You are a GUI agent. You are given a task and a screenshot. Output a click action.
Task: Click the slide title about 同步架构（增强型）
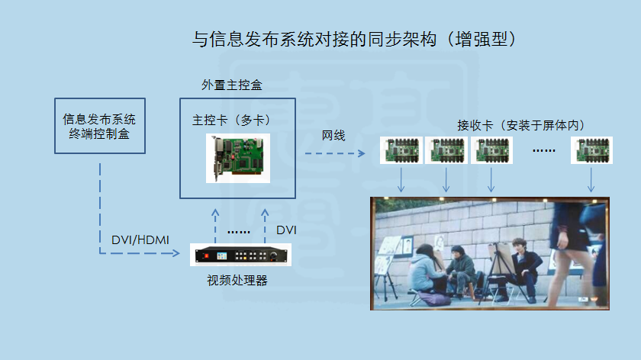[x=354, y=39]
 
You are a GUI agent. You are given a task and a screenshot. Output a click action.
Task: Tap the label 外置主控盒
[x=232, y=85]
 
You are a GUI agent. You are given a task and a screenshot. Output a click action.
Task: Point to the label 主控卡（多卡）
[x=231, y=121]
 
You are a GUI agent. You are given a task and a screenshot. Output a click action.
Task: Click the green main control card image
[x=238, y=158]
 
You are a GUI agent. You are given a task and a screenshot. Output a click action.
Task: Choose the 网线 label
[x=333, y=135]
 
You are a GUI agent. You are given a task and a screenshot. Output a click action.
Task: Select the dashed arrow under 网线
[x=335, y=153]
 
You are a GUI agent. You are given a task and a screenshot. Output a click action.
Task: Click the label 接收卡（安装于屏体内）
[x=520, y=125]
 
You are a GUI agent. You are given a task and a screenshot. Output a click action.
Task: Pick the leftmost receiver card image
[x=401, y=150]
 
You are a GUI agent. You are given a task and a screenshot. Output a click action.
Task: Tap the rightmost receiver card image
[x=591, y=150]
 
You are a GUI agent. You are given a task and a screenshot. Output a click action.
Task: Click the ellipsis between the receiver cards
[x=543, y=151]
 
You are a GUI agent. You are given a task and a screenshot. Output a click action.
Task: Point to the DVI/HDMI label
[x=140, y=239]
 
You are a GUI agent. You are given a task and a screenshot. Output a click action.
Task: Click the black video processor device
[x=241, y=255]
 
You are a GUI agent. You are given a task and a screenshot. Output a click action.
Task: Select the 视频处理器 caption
[x=237, y=281]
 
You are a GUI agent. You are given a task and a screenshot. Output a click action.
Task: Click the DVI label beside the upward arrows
[x=286, y=230]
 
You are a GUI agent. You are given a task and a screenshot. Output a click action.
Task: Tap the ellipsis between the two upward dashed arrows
[x=239, y=232]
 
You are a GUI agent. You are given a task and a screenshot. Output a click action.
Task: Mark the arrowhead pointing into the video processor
[x=176, y=253]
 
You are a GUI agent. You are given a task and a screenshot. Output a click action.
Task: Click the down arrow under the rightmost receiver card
[x=591, y=180]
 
